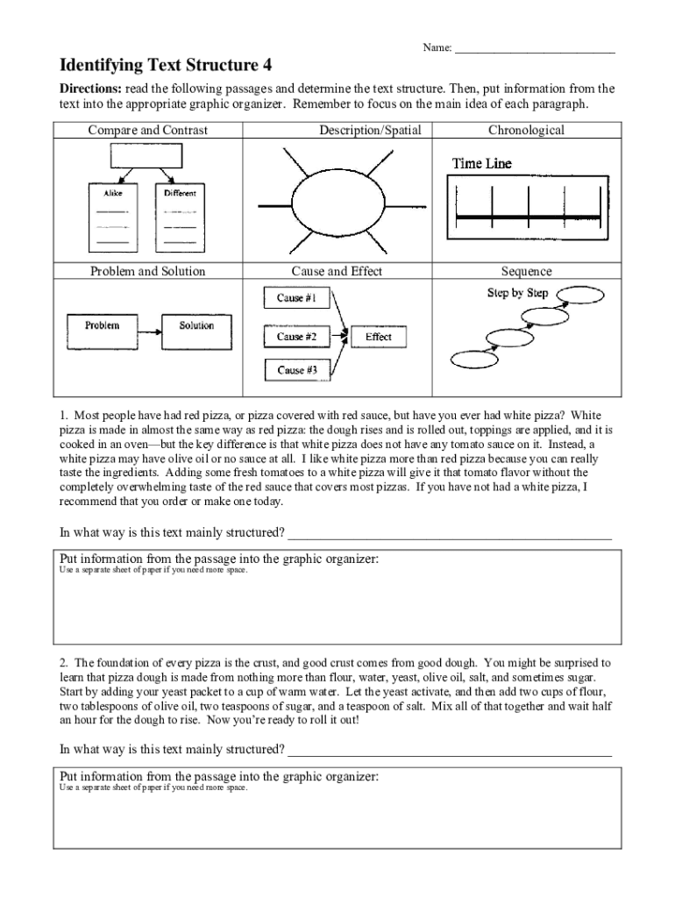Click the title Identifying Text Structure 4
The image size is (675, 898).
click(x=165, y=65)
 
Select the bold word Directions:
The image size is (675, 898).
click(x=90, y=89)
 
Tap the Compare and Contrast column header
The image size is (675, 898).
click(x=147, y=131)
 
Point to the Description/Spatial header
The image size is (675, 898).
click(x=370, y=131)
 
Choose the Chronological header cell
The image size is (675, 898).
click(x=526, y=131)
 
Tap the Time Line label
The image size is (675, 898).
click(x=481, y=164)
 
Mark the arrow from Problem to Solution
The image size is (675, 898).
click(x=150, y=331)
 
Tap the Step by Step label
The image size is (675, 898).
click(x=517, y=293)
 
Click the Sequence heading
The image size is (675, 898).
click(x=526, y=271)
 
